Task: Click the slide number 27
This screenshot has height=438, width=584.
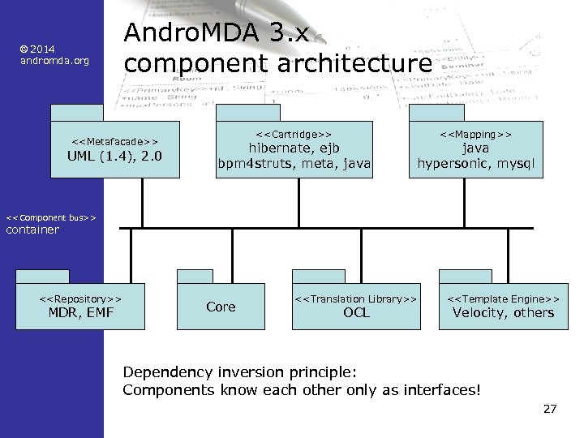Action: [549, 409]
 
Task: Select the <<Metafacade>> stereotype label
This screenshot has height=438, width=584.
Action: [114, 140]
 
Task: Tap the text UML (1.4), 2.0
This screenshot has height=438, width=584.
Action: [114, 156]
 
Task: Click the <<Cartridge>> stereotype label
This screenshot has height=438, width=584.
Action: [294, 132]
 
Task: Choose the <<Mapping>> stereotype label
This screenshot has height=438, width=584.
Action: [476, 132]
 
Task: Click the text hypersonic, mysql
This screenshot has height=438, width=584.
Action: [476, 163]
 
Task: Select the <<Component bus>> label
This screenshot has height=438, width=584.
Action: [51, 217]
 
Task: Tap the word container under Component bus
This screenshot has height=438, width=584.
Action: [32, 230]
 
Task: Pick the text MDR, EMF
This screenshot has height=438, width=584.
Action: [81, 313]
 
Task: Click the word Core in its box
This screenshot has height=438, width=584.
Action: [221, 307]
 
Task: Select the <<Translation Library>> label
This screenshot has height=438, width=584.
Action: [356, 298]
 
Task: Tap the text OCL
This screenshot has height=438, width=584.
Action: [356, 313]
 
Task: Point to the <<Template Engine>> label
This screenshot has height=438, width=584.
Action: [503, 298]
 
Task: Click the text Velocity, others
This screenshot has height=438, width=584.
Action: [503, 313]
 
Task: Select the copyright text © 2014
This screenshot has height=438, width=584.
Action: [38, 49]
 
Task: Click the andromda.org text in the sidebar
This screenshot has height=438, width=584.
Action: [49, 62]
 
